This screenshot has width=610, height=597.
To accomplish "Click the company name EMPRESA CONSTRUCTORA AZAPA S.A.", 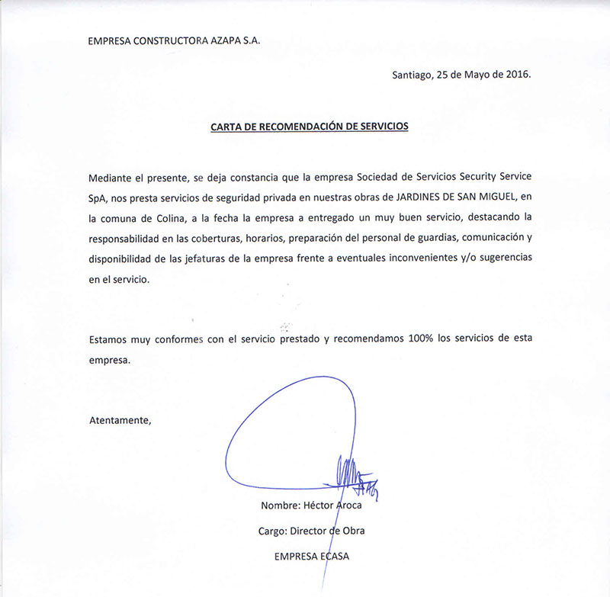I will coord(175,41).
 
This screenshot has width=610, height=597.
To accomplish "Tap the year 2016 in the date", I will coord(515,75).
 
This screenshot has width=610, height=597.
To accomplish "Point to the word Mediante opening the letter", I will coord(111,178).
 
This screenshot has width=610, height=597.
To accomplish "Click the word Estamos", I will coord(111,339).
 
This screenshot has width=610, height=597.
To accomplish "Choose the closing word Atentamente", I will coord(120,420).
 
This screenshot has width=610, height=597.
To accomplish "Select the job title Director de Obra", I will coord(336,531).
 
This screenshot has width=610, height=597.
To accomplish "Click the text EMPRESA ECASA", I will coord(311,556).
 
